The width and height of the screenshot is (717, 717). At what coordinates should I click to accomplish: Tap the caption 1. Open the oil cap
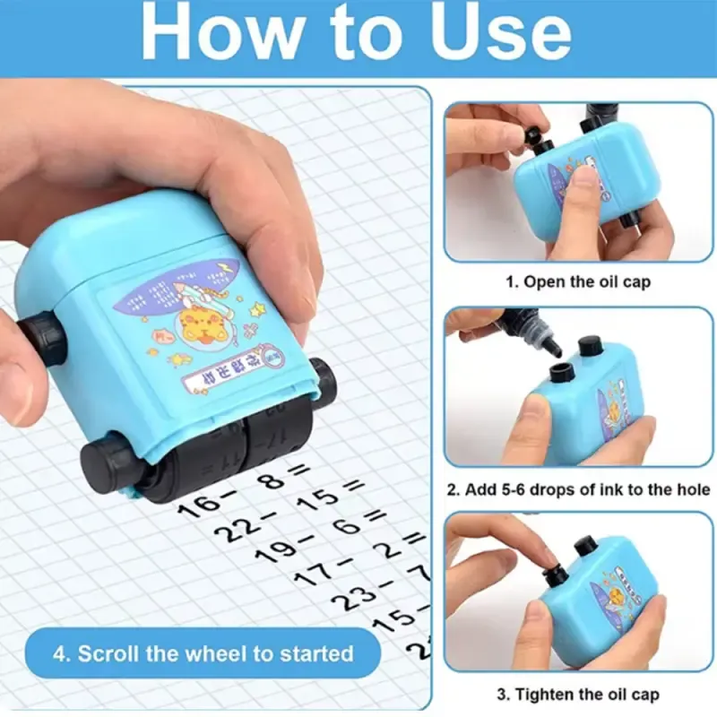[x=578, y=281]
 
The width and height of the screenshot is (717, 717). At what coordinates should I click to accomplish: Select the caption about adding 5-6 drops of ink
[x=578, y=489]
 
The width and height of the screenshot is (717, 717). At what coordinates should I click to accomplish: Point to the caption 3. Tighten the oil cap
[x=578, y=695]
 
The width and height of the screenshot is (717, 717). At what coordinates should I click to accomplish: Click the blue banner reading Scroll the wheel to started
[x=202, y=653]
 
